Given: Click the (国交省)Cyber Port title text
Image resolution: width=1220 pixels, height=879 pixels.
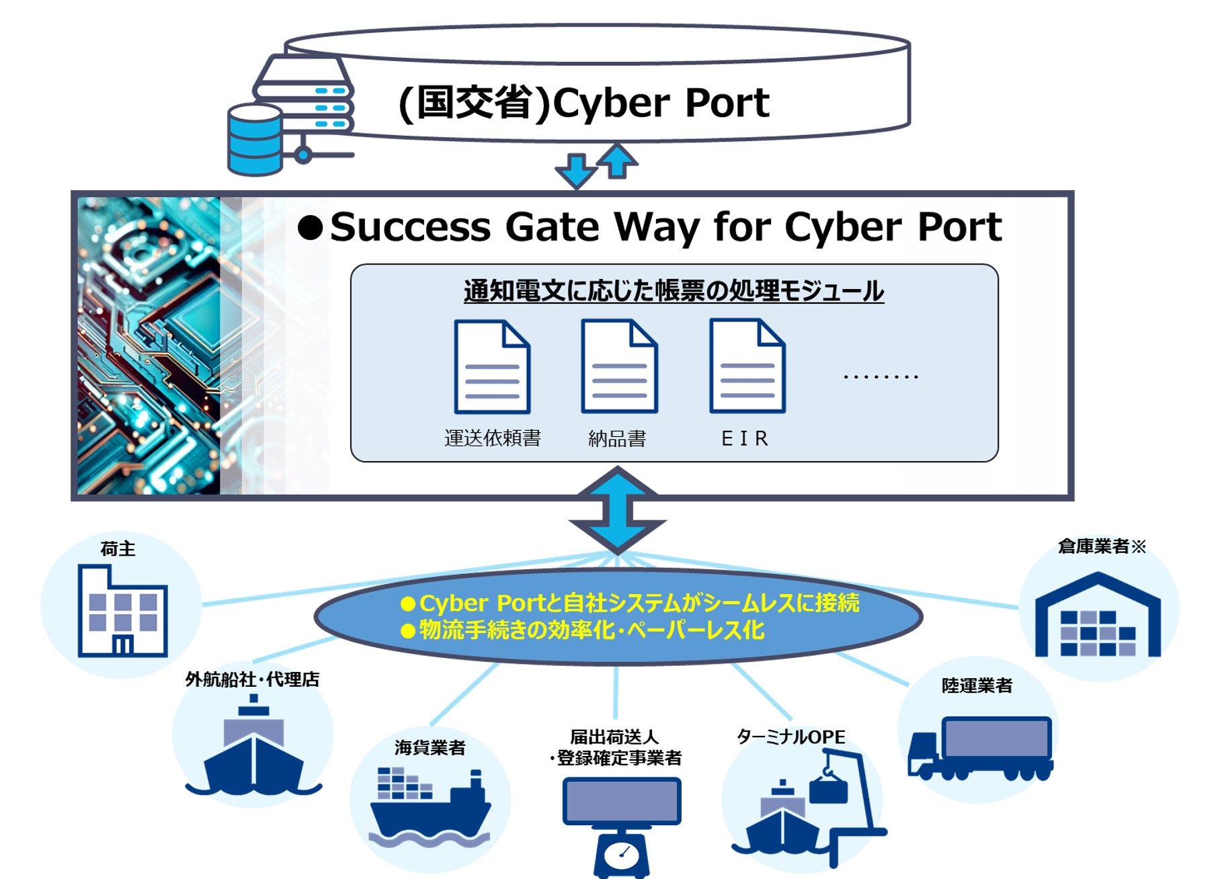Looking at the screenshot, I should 583,103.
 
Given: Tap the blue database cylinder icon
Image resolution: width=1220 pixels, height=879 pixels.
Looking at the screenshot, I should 255,140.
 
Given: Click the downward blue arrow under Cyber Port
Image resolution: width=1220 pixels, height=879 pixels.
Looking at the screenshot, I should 576,171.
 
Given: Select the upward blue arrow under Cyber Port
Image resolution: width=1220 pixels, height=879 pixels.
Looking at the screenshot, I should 617,161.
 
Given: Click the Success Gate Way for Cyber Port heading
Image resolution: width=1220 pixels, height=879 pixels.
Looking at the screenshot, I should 665,226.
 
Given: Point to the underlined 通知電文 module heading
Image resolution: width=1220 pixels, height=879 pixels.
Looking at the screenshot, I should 674,291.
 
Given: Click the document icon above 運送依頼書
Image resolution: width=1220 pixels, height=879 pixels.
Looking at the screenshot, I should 492,366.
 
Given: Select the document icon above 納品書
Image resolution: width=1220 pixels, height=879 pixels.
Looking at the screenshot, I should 619,366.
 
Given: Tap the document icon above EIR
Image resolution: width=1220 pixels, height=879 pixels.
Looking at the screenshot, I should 747,366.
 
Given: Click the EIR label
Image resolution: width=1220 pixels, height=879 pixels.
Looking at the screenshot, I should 745,439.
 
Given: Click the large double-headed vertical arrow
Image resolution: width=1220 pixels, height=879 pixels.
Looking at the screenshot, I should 617,511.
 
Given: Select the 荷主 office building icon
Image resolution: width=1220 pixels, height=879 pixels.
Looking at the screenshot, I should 122,612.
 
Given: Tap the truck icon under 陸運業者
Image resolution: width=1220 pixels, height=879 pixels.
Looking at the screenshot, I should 980,748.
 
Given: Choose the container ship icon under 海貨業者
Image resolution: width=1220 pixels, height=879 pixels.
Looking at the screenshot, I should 430,806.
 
